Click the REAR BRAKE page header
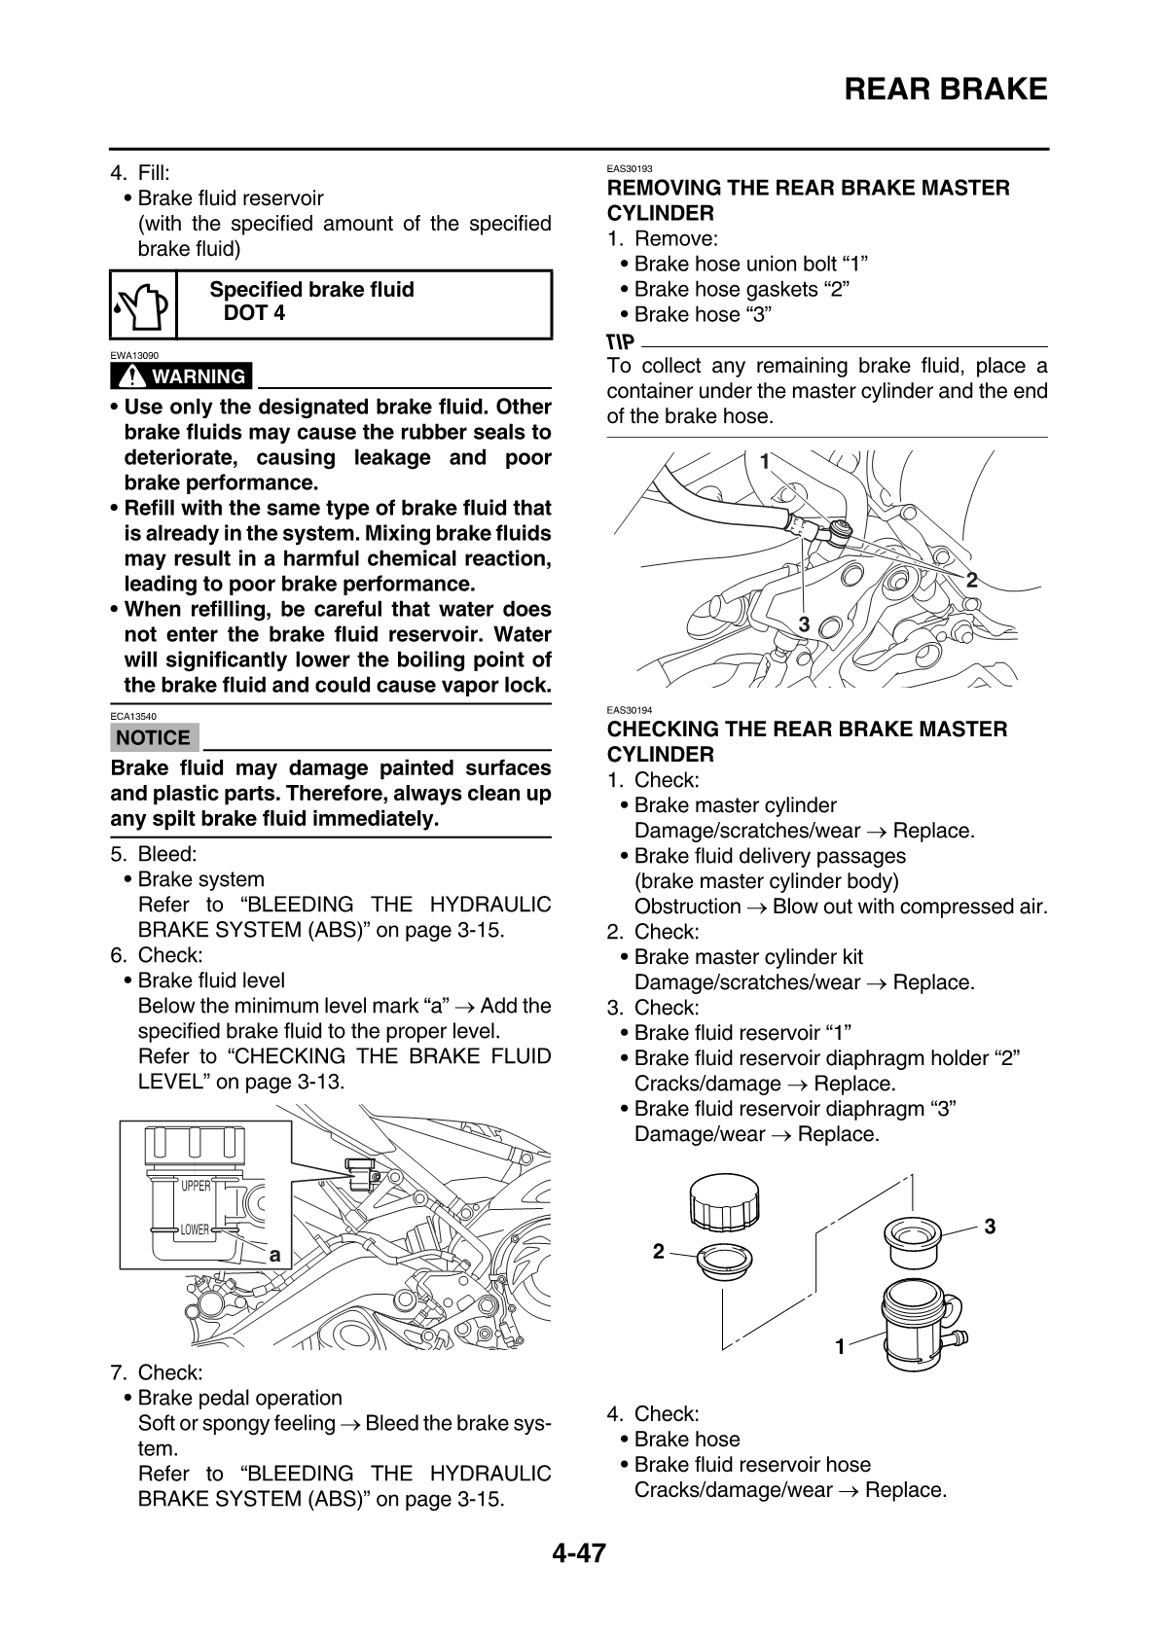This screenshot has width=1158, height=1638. pos(945,89)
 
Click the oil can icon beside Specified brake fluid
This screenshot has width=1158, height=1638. pos(143,304)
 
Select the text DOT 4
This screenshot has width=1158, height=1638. pos(255,313)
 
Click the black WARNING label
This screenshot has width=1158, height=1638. pos(181,375)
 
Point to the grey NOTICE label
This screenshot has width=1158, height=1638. pos(155,737)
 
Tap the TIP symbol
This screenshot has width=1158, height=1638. pos(620,340)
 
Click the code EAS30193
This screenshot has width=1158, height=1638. pos(629,169)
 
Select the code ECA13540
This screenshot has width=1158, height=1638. pos(133,716)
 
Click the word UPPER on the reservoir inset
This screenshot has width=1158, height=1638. pos(196,1186)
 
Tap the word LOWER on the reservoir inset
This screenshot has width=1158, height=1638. pos(195,1230)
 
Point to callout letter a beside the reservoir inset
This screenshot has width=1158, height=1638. pos(274,1256)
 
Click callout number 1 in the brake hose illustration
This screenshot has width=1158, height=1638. pos(765,461)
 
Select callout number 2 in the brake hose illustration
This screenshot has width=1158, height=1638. pos(971,581)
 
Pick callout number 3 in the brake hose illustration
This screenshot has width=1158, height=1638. pos(804,623)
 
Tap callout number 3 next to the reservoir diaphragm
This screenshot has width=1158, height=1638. pos(990,1227)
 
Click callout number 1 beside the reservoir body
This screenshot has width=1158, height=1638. pos(841,1346)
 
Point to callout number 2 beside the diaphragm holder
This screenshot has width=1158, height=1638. pos(659,1251)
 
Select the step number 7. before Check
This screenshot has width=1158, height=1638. pos(120,1372)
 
